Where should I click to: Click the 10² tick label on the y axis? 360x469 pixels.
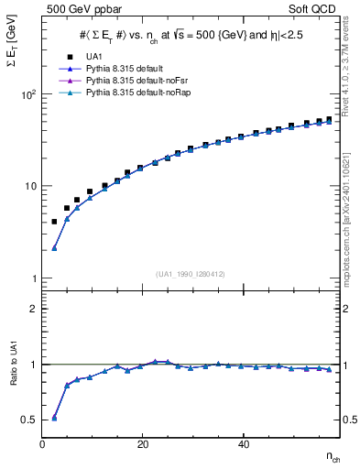coord(27,94)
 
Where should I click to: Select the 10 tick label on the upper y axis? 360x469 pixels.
coord(30,186)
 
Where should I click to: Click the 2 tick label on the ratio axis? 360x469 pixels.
coord(34,309)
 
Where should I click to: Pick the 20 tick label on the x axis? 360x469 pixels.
coord(142,443)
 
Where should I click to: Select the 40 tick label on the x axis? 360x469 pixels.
coord(242,443)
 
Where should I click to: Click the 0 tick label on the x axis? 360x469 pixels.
coord(42,443)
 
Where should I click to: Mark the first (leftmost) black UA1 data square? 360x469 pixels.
coord(54,222)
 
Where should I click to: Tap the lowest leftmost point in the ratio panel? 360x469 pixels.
coord(54,417)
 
